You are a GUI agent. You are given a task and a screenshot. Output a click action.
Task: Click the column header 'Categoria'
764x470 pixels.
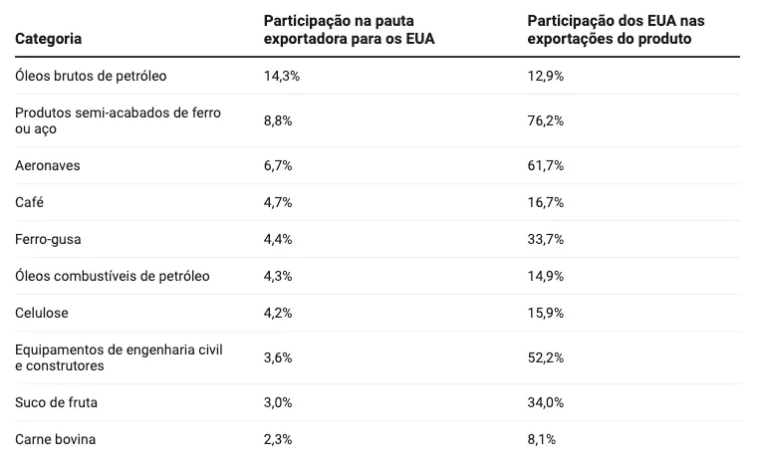coord(48,39)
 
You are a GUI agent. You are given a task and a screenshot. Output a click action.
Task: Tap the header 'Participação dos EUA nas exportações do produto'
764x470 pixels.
coord(623,30)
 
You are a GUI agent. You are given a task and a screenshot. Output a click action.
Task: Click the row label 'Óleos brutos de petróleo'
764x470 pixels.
coord(92,76)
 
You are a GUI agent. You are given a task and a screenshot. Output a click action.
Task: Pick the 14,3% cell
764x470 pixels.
coord(280,76)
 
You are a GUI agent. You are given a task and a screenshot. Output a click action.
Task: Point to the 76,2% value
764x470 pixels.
coord(546,120)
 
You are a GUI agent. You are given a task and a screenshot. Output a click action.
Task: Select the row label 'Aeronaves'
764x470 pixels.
coord(48,165)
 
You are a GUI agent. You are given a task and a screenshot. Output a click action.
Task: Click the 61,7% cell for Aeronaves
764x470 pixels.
coord(546,165)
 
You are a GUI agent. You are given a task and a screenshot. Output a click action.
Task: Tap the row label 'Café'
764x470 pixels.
coord(30,202)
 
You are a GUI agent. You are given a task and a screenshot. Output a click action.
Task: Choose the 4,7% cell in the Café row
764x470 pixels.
coord(277,202)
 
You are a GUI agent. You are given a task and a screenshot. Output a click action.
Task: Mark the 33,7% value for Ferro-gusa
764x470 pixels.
coord(546,239)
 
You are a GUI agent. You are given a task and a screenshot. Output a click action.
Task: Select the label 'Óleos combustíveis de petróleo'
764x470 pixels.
coord(113,276)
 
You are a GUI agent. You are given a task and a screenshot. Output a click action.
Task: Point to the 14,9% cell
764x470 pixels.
coord(546,276)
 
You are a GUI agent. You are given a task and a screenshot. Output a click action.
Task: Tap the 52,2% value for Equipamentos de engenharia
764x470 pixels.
coord(546,357)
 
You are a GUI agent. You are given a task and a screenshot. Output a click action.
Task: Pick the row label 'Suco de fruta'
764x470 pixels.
coord(57,402)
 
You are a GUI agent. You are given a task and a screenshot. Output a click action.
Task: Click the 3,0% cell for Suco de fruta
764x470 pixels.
coord(277,402)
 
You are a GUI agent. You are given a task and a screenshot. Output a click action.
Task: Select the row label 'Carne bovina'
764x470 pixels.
coord(56,439)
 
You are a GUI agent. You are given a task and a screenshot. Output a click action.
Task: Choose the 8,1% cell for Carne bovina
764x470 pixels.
coord(542,439)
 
